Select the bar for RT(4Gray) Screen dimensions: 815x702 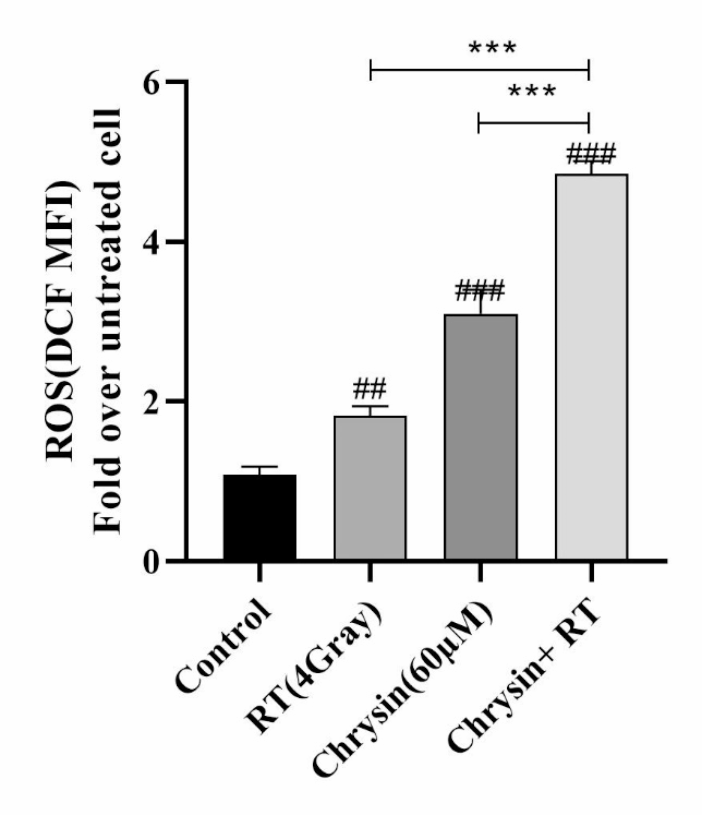pyautogui.click(x=370, y=488)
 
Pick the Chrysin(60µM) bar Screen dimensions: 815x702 pyautogui.click(x=480, y=437)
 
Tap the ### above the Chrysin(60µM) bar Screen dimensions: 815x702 pyautogui.click(x=480, y=291)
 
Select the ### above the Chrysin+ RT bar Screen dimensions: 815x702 pyautogui.click(x=591, y=154)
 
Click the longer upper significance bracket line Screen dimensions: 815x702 pyautogui.click(x=480, y=70)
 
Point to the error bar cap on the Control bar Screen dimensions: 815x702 pyautogui.click(x=259, y=467)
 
